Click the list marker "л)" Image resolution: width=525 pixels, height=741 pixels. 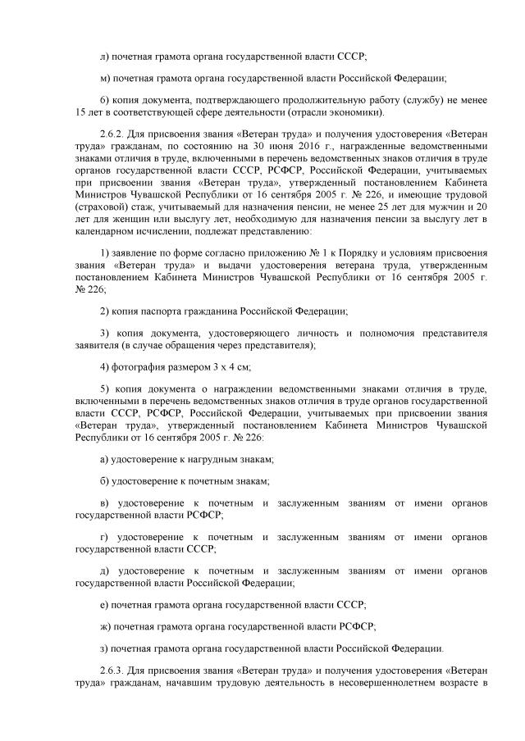[x=103, y=56]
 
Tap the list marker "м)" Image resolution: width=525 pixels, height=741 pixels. [x=103, y=79]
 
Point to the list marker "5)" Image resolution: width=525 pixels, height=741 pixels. [x=103, y=390]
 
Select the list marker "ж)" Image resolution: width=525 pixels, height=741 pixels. [x=104, y=626]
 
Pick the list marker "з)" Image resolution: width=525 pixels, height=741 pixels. [x=103, y=648]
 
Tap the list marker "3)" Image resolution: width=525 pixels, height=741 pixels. [x=103, y=333]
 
